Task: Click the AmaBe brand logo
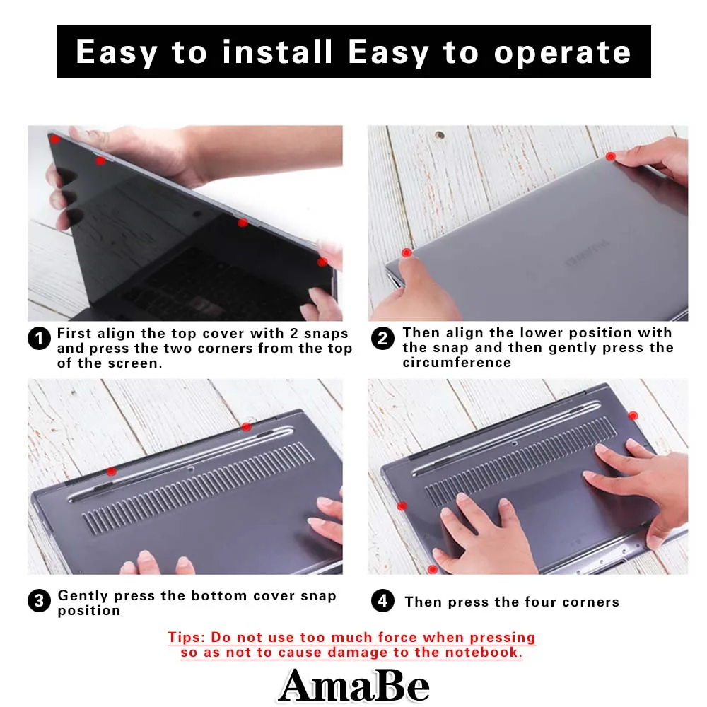[353, 684]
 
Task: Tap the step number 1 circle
[40, 339]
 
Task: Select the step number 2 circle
[382, 339]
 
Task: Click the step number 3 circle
[40, 602]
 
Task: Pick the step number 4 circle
[382, 602]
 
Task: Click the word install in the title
[276, 52]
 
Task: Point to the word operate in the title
[562, 52]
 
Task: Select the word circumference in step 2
[457, 363]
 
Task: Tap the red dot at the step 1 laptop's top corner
[55, 140]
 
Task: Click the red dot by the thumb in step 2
[406, 252]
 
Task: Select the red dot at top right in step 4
[633, 416]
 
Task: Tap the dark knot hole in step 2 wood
[440, 134]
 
